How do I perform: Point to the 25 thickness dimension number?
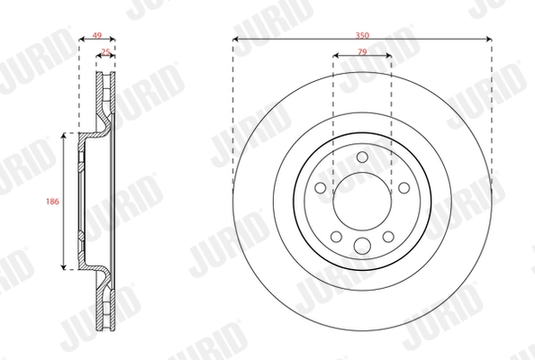click(107, 52)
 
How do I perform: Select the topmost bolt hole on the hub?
click(362, 158)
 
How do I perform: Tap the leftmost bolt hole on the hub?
click(321, 188)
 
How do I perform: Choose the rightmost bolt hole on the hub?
click(403, 188)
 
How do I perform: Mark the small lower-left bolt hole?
click(337, 236)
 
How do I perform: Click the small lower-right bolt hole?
click(387, 236)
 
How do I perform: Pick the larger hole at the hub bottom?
click(362, 247)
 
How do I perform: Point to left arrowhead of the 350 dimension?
click(236, 39)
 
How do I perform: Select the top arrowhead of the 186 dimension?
click(64, 136)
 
